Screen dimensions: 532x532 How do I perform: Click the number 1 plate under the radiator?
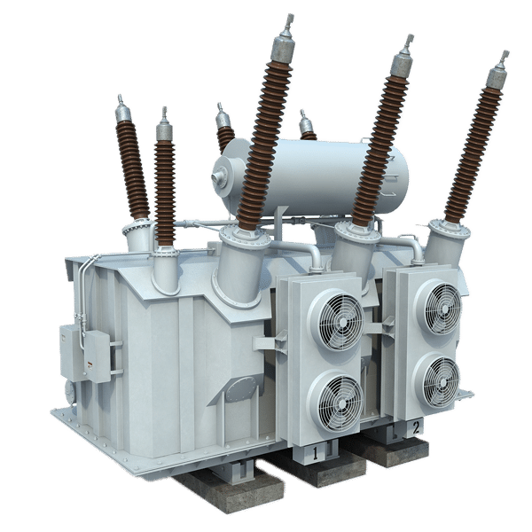(315, 454)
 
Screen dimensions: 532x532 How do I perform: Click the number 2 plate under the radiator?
(417, 427)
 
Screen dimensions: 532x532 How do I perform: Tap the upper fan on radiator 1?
(340, 321)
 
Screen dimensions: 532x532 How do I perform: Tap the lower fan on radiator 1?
(340, 403)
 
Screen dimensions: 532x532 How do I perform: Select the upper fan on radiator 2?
(442, 308)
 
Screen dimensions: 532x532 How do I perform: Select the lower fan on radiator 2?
(441, 381)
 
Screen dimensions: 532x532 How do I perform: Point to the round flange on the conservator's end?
(223, 177)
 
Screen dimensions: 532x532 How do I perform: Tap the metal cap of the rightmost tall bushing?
(498, 72)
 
